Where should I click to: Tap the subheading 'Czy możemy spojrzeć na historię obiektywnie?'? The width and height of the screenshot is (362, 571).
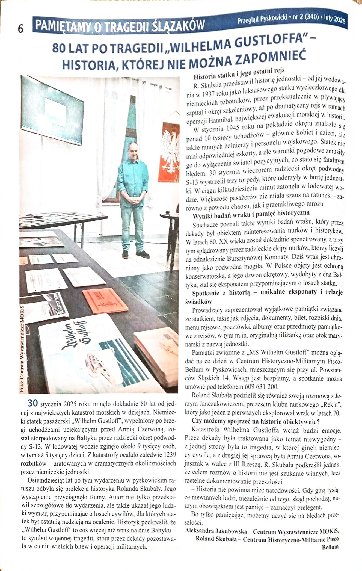[x=256, y=421]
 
